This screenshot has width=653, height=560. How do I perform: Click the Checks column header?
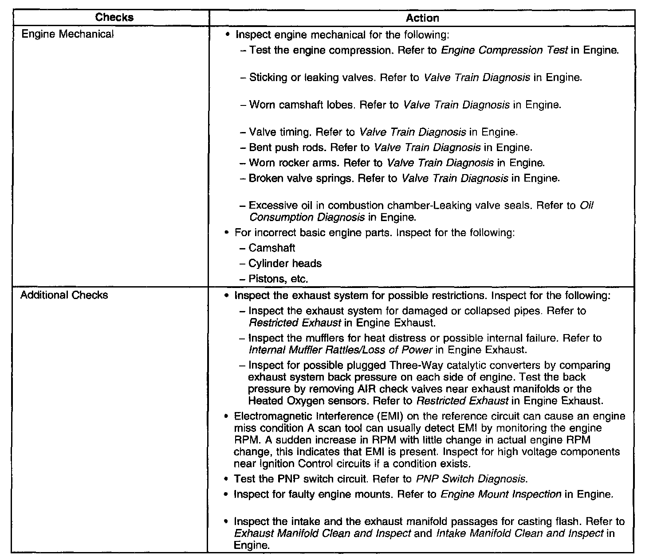click(114, 18)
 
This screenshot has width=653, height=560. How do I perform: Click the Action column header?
click(422, 18)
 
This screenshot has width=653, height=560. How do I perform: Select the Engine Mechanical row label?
click(67, 34)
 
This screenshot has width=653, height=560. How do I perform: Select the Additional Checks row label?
click(64, 295)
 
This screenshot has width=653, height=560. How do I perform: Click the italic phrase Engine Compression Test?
click(504, 50)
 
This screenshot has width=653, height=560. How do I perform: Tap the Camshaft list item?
click(271, 248)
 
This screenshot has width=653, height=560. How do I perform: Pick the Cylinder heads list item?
click(285, 263)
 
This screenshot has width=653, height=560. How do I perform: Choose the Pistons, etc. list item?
click(278, 279)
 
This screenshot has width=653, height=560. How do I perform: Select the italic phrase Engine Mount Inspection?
click(501, 494)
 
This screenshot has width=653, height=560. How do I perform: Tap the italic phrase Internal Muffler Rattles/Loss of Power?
click(340, 350)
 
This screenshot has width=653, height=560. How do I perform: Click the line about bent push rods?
click(386, 147)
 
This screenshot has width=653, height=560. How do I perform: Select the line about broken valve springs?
click(399, 178)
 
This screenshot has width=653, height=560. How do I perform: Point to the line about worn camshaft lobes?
click(400, 105)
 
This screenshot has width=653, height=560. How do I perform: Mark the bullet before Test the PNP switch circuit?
click(226, 479)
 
